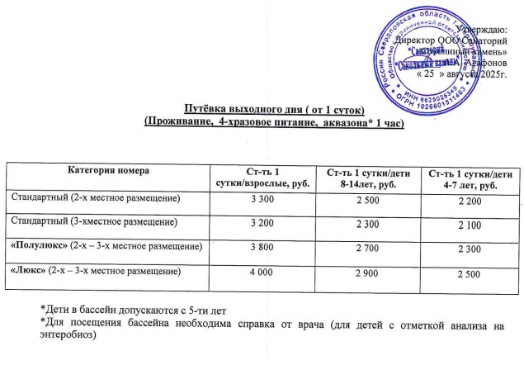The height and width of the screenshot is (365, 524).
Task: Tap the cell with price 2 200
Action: pyautogui.click(x=468, y=201)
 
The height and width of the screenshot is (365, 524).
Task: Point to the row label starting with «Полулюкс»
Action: pyautogui.click(x=106, y=245)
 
